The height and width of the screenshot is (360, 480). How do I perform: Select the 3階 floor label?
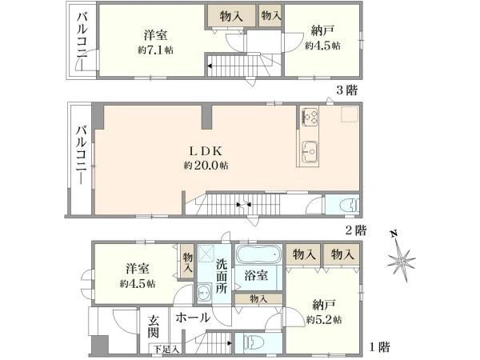(x=346, y=90)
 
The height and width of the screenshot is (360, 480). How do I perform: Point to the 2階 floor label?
(x=355, y=230)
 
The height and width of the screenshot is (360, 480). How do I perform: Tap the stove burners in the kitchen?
(x=310, y=118)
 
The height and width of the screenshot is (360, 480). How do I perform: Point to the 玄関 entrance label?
(x=154, y=326)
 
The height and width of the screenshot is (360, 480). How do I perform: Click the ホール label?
(x=193, y=318)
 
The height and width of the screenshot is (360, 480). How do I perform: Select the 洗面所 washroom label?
(x=223, y=277)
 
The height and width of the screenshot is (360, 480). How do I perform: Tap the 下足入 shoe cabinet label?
(x=166, y=349)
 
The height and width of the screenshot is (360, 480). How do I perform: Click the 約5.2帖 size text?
(x=324, y=319)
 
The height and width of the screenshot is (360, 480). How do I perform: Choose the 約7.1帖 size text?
(x=155, y=50)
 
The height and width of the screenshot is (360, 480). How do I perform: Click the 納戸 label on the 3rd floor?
(x=322, y=32)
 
